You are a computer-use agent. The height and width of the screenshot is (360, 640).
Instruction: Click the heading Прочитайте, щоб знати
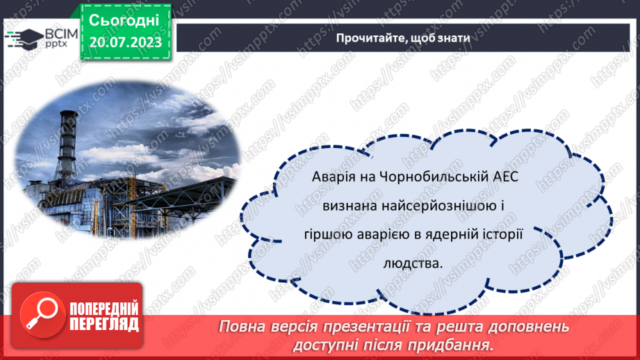(x=403, y=38)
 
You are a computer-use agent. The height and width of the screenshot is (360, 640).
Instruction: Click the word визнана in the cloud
(x=347, y=206)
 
